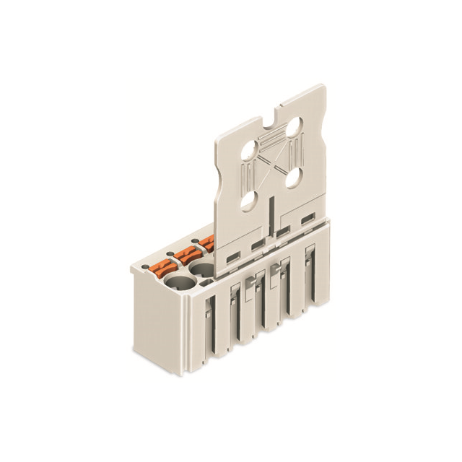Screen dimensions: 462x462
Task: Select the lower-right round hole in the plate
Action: [294, 176]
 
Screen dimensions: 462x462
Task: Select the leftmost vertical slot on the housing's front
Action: [206, 328]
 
